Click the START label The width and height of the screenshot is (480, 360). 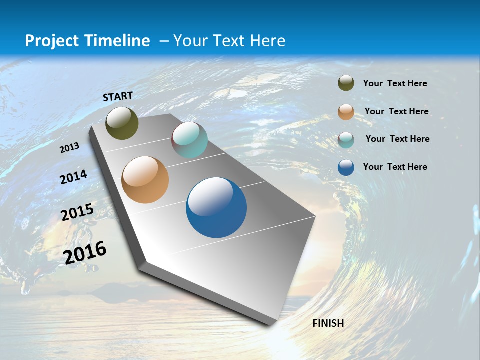click(x=118, y=96)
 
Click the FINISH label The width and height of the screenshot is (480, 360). click(x=328, y=323)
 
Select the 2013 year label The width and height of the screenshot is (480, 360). click(x=69, y=148)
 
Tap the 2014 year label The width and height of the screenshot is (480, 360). click(x=73, y=177)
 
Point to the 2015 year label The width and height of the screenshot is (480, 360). click(x=77, y=212)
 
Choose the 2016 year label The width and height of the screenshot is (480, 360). click(x=85, y=252)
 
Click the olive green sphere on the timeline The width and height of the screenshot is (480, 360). click(x=122, y=123)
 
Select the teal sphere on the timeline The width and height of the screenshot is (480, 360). click(x=189, y=140)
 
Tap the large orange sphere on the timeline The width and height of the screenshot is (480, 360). click(x=145, y=180)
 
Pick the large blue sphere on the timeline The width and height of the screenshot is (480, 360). click(x=216, y=207)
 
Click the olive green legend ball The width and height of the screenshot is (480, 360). click(x=346, y=83)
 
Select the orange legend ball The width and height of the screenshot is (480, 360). click(x=346, y=112)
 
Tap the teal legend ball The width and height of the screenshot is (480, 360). click(x=346, y=140)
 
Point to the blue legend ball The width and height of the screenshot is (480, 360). click(x=346, y=167)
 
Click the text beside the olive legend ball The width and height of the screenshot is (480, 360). click(x=395, y=84)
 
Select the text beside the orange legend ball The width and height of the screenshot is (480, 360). click(x=396, y=111)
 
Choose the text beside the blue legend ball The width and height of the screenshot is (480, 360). click(x=395, y=167)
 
